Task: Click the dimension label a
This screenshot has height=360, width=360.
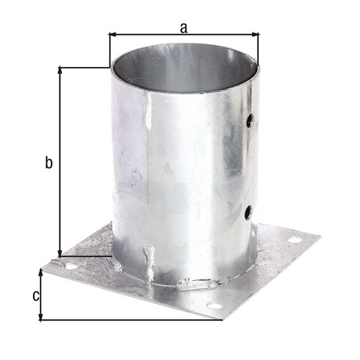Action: click(x=184, y=26)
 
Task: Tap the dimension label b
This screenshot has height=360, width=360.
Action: click(x=49, y=162)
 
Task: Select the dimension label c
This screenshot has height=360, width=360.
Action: click(x=35, y=295)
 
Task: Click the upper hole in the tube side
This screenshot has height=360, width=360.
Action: click(x=249, y=122)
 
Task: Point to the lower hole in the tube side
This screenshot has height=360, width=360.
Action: click(x=247, y=211)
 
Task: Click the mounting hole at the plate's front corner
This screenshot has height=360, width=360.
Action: click(x=214, y=306)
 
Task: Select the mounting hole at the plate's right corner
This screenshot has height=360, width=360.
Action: click(x=294, y=239)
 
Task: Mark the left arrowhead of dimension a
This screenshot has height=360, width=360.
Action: click(x=112, y=35)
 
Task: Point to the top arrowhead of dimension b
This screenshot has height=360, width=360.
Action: click(x=60, y=70)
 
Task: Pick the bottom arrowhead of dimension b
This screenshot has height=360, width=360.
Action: click(x=60, y=254)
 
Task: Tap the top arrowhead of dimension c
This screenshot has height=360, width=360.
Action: click(x=41, y=272)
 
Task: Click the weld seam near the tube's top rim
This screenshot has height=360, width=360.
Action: click(x=148, y=114)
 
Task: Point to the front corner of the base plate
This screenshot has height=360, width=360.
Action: click(x=222, y=319)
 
